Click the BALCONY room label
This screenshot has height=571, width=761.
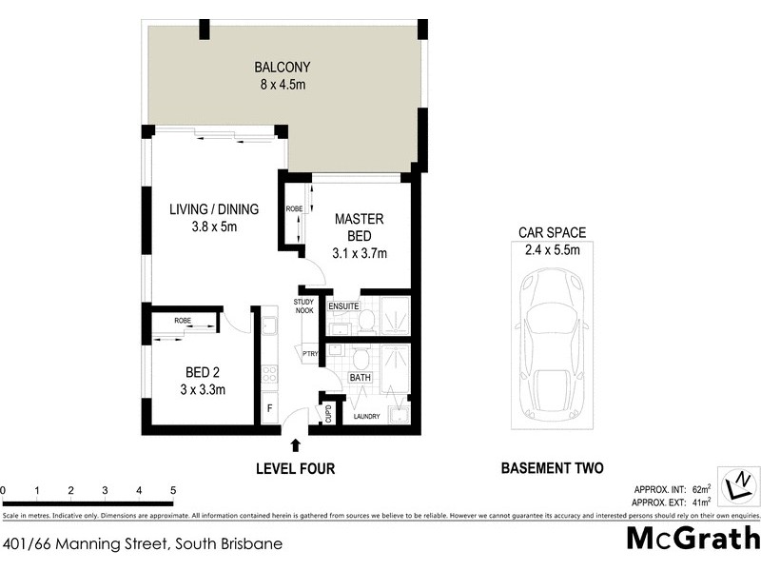283,68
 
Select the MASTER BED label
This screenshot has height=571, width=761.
360,226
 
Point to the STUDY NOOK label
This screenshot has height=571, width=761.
303,306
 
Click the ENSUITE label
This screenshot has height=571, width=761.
343,306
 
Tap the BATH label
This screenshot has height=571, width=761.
360,378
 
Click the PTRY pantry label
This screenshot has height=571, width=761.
309,354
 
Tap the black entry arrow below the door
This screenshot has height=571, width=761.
296,444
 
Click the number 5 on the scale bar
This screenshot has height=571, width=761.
172,491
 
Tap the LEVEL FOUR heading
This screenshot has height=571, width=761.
295,468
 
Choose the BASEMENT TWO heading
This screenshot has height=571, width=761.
552,468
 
